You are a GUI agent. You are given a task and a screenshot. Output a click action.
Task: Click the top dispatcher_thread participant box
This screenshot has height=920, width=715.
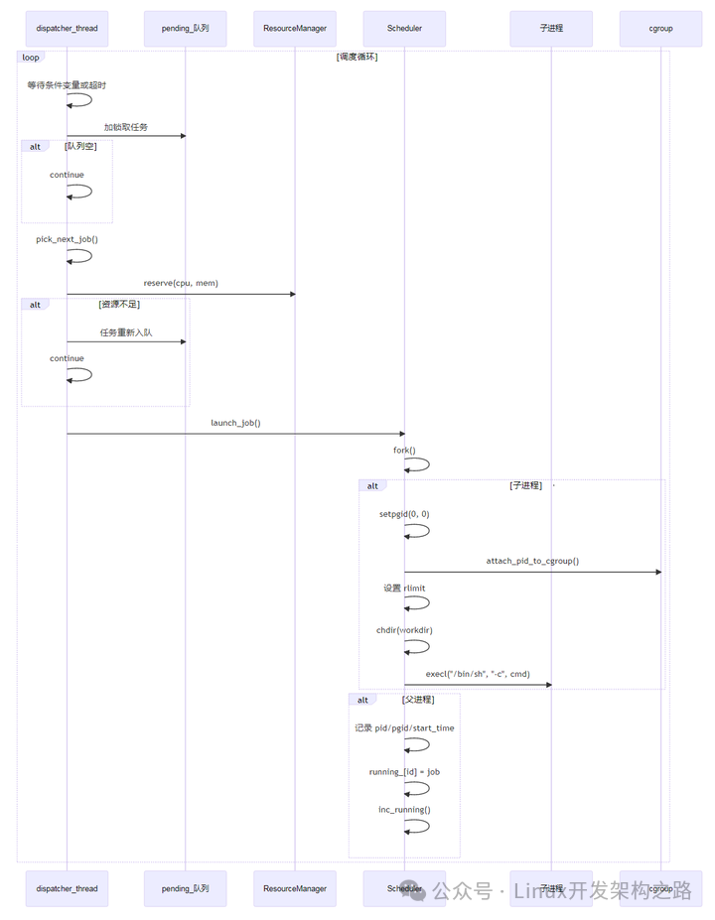tap(67, 29)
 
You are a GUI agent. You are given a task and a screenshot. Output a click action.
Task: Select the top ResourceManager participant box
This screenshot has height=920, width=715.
tap(294, 29)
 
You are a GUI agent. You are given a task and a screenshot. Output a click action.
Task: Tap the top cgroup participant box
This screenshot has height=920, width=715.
tap(660, 29)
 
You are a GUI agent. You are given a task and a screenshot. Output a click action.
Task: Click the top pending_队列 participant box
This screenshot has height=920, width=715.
tap(185, 29)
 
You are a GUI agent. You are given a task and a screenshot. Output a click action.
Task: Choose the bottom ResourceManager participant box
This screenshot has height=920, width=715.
tap(294, 888)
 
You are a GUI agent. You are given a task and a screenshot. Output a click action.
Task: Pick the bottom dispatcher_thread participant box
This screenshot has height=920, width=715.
tap(67, 888)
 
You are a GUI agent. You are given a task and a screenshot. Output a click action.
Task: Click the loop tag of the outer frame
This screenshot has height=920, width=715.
tap(31, 58)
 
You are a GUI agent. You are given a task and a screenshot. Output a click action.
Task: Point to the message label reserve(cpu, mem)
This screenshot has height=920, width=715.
tap(181, 283)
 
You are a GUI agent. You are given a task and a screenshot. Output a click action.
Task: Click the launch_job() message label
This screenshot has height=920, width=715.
tap(235, 423)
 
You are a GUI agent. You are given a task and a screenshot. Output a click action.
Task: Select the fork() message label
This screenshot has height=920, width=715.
tap(404, 451)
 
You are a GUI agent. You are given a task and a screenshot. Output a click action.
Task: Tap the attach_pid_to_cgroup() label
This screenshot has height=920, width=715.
tap(532, 561)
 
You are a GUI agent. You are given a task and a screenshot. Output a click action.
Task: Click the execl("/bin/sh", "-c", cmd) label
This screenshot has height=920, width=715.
tap(478, 674)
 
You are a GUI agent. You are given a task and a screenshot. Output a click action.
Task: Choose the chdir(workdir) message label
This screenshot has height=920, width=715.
tap(404, 630)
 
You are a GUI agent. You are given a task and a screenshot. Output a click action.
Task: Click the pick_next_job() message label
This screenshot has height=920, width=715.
tap(67, 239)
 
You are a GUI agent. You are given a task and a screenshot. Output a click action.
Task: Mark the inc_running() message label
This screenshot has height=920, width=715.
tap(404, 810)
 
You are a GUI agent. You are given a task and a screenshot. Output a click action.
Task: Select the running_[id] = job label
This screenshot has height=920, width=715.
tap(404, 771)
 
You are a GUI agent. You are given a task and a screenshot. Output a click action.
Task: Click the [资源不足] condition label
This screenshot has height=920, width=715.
tap(119, 305)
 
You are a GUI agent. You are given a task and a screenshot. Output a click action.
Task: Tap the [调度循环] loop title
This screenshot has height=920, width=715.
tap(357, 57)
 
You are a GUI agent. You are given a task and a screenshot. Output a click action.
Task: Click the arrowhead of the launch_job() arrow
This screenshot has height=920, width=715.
tap(401, 434)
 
